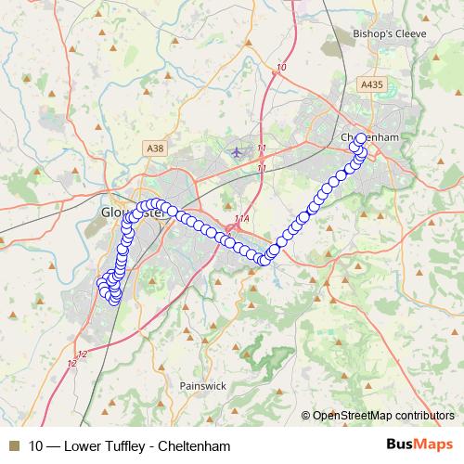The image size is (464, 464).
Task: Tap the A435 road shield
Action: pos(371,84)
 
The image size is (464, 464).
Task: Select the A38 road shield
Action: pos(155,148)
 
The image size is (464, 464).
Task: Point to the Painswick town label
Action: pos(203,386)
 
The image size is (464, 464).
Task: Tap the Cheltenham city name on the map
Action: pos(370,137)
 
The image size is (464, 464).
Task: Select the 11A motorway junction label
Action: pos(242,219)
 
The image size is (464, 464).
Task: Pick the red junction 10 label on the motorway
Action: pos(282,67)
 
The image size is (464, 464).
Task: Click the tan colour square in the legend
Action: pos(13,446)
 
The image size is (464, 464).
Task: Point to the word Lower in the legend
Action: pos(80,446)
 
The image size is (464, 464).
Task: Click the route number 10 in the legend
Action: pos(35,446)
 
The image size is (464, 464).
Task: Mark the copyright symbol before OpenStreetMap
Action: pos(306,416)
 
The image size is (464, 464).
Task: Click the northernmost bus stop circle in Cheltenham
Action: pos(361,139)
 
